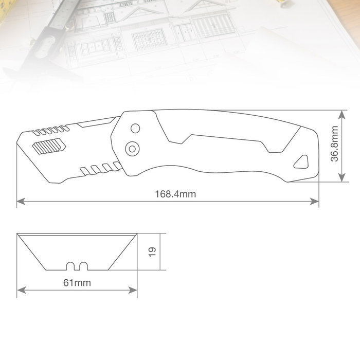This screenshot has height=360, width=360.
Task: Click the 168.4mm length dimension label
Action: tap(175, 194)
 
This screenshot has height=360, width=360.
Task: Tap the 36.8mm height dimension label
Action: tap(334, 144)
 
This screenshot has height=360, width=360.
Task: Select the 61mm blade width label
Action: tap(77, 283)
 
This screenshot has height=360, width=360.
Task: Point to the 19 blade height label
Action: tap(152, 252)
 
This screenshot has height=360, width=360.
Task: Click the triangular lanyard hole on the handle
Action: tap(301, 162)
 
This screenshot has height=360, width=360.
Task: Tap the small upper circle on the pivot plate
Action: tap(135, 129)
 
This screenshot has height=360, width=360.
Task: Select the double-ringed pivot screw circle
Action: tap(132, 149)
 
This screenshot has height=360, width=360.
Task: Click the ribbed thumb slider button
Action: tap(49, 146)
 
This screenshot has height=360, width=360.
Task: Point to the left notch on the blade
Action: tap(70, 266)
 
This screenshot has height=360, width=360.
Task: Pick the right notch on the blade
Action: tap(83, 266)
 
